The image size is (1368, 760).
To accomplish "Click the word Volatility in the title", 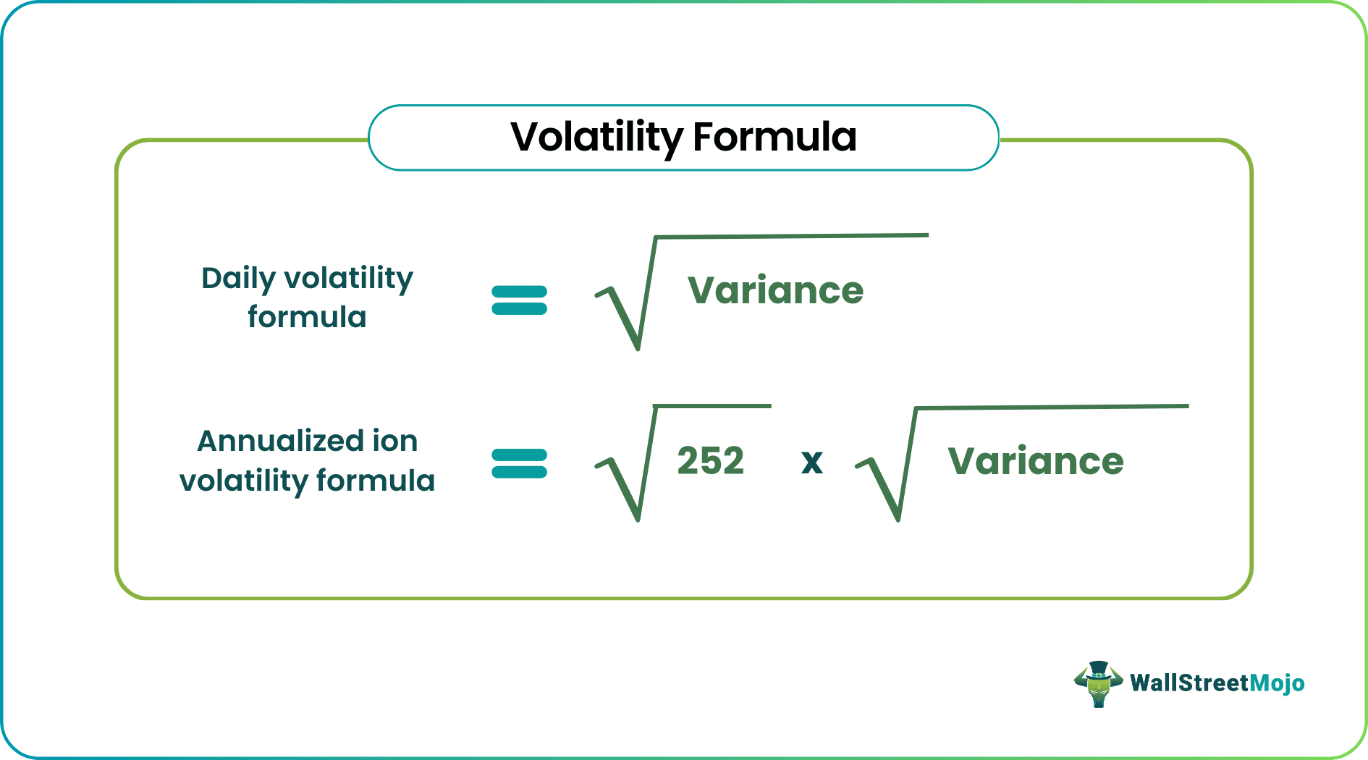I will coord(596,138).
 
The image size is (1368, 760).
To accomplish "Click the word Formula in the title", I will coord(774,138).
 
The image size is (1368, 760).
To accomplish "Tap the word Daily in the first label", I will coord(238,279).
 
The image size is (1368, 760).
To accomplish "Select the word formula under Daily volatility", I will coord(307,317).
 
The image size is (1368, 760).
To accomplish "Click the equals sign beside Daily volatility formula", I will coord(519,300).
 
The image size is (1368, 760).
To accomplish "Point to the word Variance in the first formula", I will coord(775,291).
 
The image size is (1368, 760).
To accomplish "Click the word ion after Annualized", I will coord(394,441).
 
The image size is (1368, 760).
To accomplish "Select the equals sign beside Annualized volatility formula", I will coord(519,464).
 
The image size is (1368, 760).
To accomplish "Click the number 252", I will coord(710,461).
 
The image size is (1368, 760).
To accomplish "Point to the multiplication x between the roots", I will coord(812,462).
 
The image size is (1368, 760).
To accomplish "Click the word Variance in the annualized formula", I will coord(1035,462).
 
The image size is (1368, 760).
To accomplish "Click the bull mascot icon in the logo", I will coord(1098,685).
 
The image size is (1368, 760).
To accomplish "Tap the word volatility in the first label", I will coord(348,279).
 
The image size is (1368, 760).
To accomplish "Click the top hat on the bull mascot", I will coord(1098,668).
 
